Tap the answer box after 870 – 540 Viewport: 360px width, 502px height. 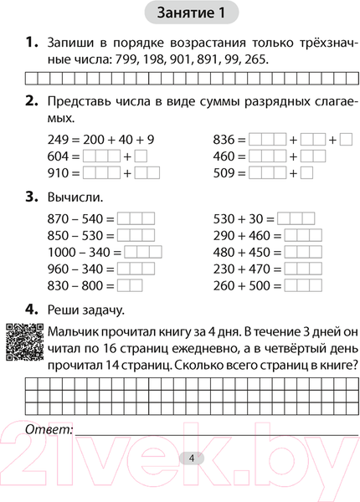click(136, 218)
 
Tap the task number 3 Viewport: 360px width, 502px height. click(32, 197)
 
